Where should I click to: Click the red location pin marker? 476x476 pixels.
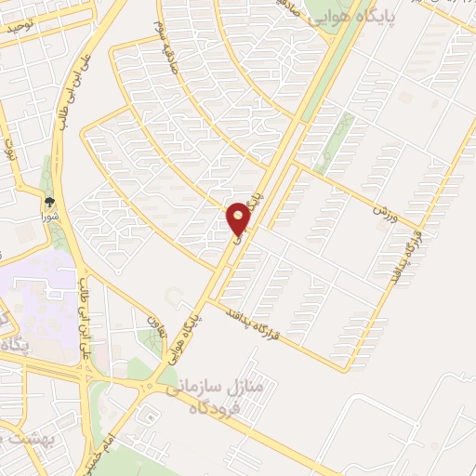239,218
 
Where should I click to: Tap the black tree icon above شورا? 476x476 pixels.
48,198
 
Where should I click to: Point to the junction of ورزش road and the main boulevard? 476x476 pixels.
296,167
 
